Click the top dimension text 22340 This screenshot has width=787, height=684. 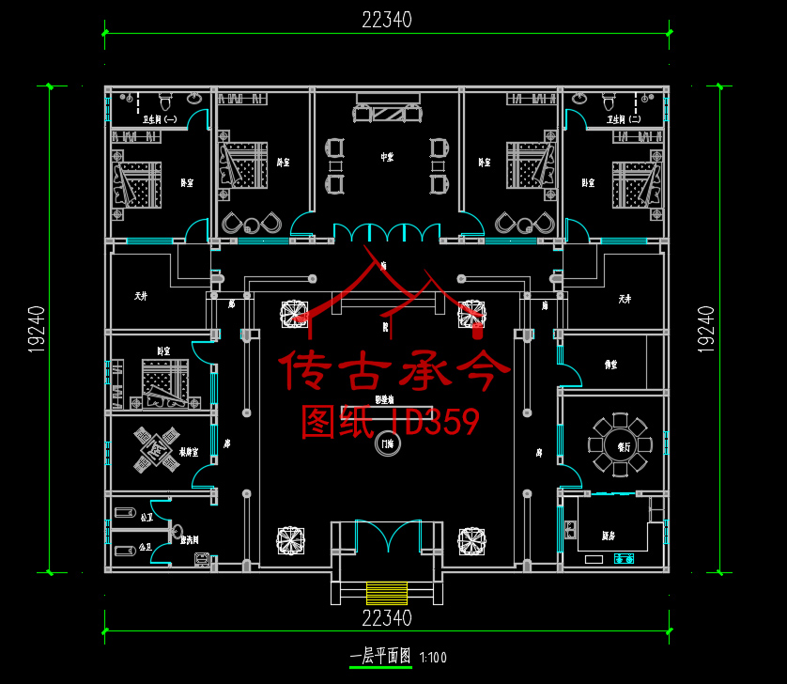click(x=386, y=19)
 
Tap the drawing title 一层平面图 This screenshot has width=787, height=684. click(x=380, y=657)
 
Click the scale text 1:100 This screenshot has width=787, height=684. click(x=434, y=658)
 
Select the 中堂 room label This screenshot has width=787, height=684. click(x=386, y=157)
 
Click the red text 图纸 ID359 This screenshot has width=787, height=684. click(x=390, y=422)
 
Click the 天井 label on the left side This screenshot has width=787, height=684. click(x=140, y=296)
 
